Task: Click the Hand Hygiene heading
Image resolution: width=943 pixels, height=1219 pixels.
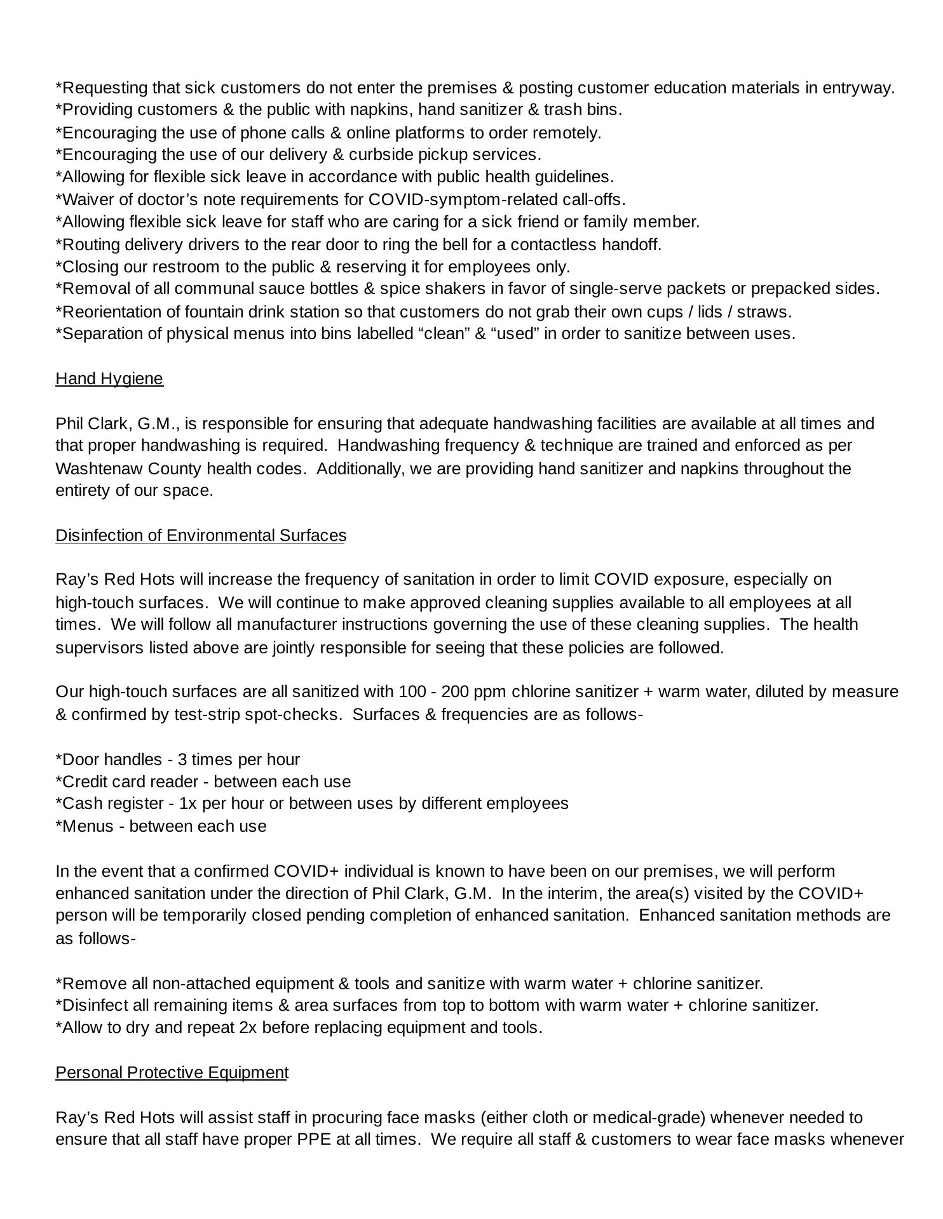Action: coord(109,378)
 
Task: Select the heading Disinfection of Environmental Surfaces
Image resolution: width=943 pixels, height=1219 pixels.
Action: coord(201,535)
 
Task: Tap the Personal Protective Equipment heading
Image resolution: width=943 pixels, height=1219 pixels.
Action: coord(172,1072)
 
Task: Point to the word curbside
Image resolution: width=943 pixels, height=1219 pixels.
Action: coord(376,154)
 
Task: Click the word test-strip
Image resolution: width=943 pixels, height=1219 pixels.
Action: coord(208,714)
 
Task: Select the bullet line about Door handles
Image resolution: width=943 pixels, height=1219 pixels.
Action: coord(178,759)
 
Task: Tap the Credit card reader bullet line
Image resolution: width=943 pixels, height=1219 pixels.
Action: coord(203,781)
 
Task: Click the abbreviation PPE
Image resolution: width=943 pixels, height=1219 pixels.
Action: coord(314,1139)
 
